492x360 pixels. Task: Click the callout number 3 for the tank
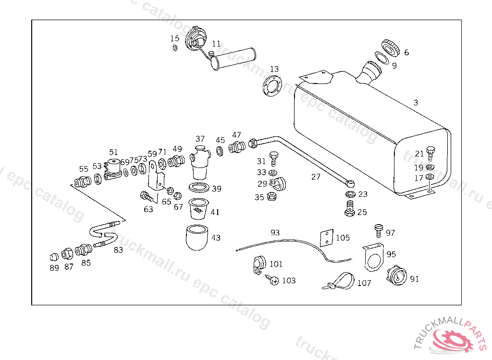416,103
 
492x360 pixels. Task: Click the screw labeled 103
273,281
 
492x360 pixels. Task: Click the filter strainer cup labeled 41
199,209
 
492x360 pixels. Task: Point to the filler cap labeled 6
390,47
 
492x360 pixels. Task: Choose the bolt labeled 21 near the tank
430,153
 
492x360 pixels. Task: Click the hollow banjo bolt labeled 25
349,209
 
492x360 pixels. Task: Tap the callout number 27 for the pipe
316,177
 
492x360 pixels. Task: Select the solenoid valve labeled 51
114,168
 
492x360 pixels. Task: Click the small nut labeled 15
175,48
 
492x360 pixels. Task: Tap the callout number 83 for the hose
118,250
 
